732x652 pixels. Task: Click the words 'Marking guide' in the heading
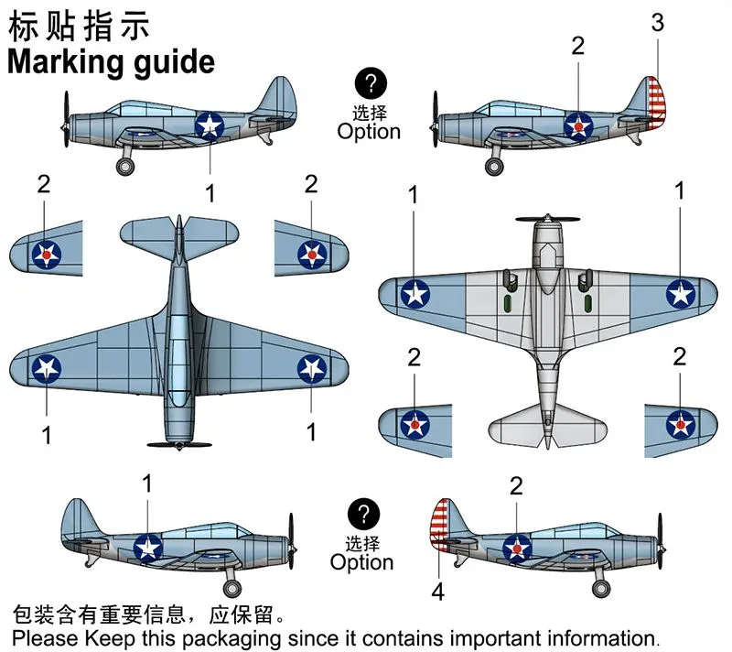111,62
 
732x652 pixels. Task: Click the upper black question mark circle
370,85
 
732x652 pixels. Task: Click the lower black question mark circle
364,514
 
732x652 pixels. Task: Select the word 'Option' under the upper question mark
369,131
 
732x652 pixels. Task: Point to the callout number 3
657,23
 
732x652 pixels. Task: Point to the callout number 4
437,592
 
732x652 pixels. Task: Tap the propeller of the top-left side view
66,118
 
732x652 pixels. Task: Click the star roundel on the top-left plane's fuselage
210,125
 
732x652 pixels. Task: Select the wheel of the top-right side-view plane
494,166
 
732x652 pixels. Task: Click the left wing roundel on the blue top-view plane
47,368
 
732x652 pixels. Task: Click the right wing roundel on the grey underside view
680,293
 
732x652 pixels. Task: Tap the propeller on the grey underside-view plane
547,219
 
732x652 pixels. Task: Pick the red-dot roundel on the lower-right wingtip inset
680,422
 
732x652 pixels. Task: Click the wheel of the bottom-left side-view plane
232,588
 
